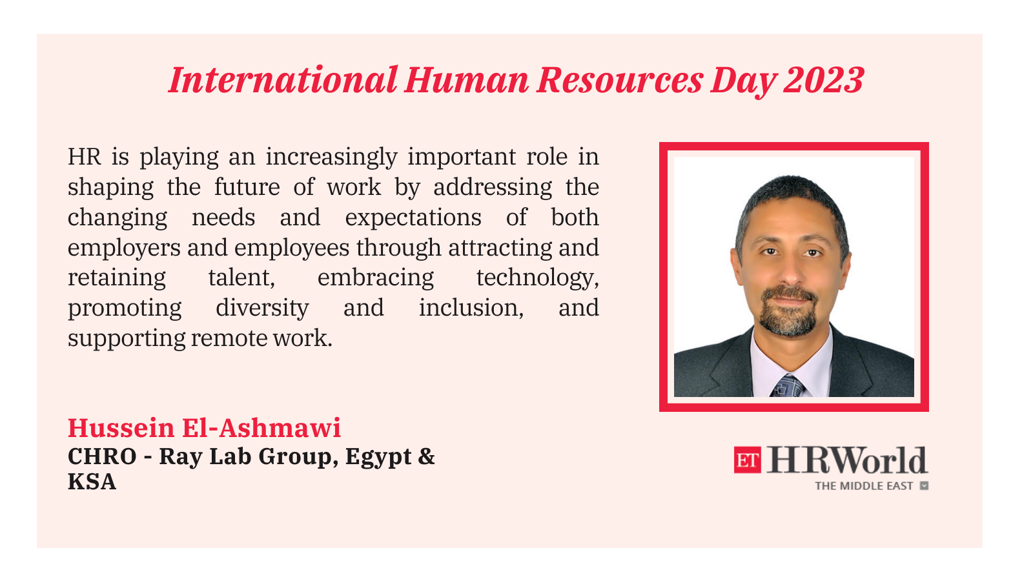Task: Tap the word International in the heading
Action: tap(283, 80)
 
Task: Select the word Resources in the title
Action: tap(620, 80)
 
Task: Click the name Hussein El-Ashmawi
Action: tap(204, 428)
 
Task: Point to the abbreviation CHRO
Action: tap(102, 456)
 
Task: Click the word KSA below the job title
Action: tap(92, 482)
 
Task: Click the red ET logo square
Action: tap(748, 460)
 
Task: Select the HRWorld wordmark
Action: tap(846, 460)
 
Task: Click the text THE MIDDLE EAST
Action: tap(864, 486)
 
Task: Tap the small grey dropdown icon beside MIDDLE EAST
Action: tap(924, 485)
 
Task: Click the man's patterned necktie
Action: tap(788, 387)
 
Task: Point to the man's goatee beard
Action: tap(788, 311)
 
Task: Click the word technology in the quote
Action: tap(538, 278)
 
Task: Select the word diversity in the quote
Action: tap(262, 308)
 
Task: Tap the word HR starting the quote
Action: tap(85, 157)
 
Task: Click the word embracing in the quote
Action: tap(376, 278)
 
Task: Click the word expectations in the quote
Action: tap(413, 218)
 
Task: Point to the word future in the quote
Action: tap(247, 187)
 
